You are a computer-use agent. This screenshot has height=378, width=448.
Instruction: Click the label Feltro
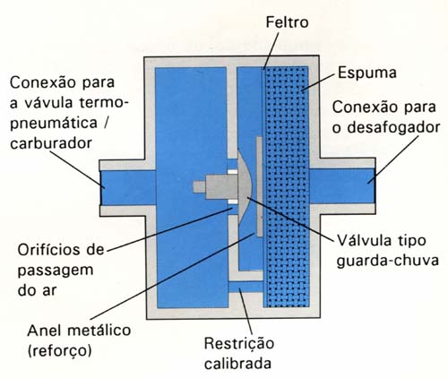287,22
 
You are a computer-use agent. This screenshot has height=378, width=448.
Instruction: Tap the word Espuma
367,73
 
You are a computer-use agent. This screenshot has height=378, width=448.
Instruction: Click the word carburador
51,143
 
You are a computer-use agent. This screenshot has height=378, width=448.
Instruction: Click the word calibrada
238,364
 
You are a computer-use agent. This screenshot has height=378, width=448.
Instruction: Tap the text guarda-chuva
388,261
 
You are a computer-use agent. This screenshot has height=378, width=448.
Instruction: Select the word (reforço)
59,350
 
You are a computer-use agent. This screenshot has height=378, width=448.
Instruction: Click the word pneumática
54,124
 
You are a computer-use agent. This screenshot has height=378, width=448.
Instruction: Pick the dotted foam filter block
286,187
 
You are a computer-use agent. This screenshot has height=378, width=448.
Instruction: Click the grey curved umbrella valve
246,186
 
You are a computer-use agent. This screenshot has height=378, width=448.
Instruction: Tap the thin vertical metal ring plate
259,186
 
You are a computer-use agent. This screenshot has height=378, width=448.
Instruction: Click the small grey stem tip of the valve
199,187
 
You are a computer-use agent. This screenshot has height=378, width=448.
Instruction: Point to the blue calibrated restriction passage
246,287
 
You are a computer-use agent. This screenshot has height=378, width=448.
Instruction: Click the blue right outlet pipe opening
341,186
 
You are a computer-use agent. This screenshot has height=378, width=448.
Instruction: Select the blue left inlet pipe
128,187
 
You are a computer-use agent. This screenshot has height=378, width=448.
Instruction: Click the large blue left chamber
191,187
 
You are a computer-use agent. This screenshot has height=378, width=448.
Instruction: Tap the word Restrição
239,343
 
